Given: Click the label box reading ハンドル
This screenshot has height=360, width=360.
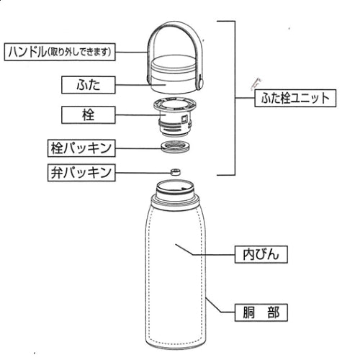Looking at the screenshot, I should point(60,52).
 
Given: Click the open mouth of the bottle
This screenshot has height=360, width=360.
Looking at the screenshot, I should point(173,189).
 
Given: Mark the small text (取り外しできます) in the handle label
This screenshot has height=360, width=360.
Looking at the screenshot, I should point(89,52).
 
